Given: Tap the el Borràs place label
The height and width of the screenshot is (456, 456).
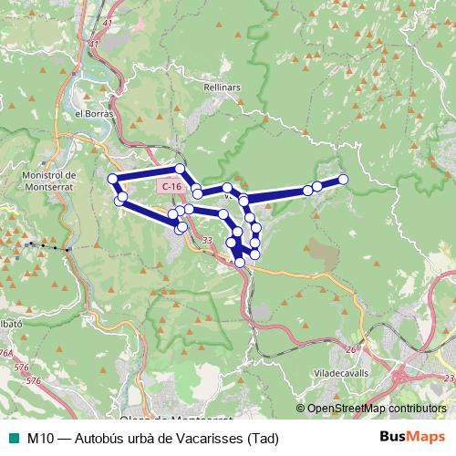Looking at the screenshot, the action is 92,113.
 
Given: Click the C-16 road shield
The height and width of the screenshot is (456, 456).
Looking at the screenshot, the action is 169,186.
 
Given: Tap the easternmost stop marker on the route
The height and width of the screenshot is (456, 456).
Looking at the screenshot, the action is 344,179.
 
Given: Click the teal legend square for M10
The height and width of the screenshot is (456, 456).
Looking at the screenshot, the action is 12,438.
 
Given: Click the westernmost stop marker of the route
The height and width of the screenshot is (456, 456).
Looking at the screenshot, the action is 112,179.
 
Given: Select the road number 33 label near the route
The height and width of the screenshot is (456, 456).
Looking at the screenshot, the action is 208,240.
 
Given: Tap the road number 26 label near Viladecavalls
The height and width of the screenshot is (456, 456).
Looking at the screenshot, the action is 350,349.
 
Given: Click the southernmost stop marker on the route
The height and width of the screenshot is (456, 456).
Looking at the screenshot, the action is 240,262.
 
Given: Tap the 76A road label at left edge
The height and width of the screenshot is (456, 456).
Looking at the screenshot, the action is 6,353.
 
